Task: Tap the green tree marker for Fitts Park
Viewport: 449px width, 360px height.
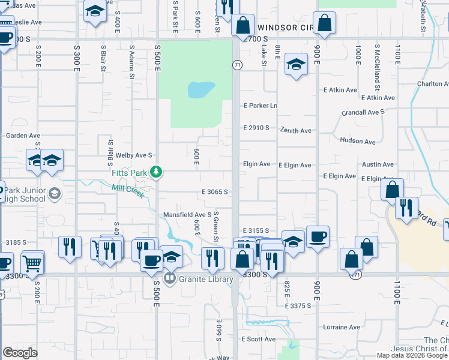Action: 156,173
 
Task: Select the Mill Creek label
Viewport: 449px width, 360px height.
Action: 128,191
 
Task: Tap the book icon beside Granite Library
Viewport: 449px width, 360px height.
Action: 170,278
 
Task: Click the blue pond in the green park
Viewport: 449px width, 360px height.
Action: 201,90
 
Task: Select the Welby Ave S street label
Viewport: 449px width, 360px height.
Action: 134,155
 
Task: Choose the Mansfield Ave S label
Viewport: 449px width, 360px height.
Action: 187,214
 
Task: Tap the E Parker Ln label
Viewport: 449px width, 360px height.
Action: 260,106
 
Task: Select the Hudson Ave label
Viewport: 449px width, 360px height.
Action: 357,141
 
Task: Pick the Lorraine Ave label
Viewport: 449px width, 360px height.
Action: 341,327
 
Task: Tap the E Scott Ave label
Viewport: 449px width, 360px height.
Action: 258,339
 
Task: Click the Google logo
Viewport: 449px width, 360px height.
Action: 20,353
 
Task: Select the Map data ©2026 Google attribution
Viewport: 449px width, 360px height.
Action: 412,355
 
